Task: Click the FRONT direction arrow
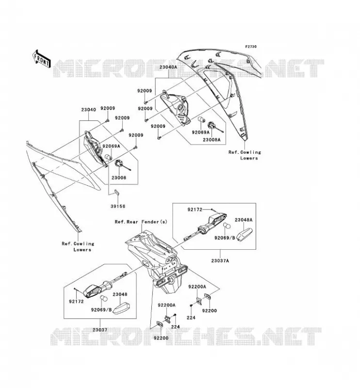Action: (x=41, y=59)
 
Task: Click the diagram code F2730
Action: (x=251, y=47)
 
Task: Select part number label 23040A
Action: (x=168, y=67)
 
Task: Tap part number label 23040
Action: (x=88, y=110)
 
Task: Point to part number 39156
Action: (x=117, y=206)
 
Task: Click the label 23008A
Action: (x=212, y=140)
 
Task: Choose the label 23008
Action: (x=118, y=178)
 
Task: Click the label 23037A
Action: (x=220, y=260)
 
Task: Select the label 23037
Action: (x=100, y=330)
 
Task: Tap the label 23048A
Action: (x=244, y=220)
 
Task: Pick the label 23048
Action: (x=120, y=294)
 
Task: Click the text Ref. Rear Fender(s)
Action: (x=141, y=222)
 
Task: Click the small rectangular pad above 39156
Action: (x=116, y=192)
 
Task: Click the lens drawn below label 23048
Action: (x=122, y=308)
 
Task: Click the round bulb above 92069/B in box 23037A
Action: (x=227, y=226)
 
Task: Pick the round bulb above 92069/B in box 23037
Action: (x=103, y=298)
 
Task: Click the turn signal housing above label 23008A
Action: (x=175, y=108)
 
